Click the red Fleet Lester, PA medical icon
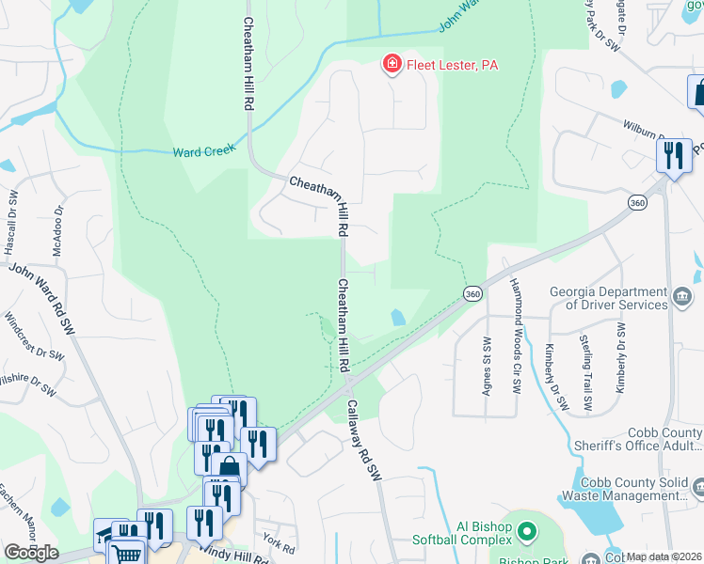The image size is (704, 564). [391, 64]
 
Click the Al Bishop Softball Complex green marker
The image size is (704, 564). [526, 532]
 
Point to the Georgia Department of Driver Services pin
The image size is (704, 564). [683, 298]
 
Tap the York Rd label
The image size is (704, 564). [273, 543]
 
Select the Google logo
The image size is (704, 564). [31, 553]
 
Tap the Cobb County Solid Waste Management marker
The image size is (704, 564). [697, 486]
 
